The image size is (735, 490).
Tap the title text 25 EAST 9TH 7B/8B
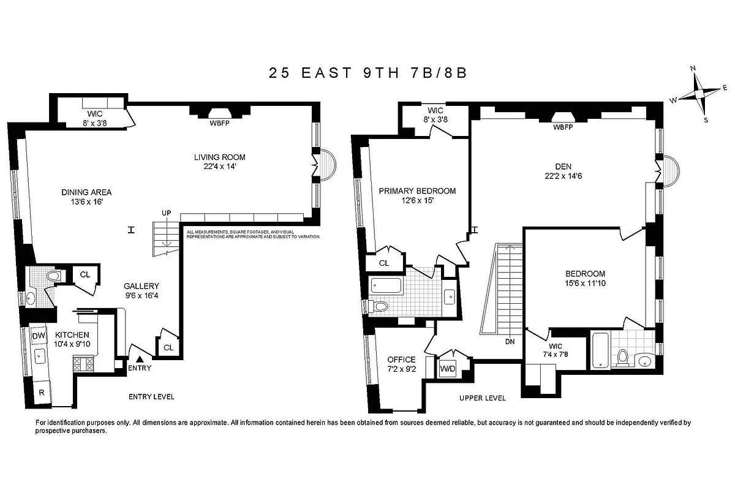[367, 72]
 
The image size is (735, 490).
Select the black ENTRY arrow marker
[140, 360]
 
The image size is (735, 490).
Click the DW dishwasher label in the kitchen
[38, 336]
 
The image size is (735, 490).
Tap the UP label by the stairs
[166, 212]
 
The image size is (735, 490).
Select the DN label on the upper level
[510, 342]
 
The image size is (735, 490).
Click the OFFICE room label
[401, 360]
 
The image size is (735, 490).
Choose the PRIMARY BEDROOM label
[417, 190]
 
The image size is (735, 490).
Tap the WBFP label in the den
[562, 127]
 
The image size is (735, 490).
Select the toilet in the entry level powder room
[53, 277]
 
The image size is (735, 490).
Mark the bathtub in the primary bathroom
[386, 285]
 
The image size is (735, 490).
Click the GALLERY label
[141, 286]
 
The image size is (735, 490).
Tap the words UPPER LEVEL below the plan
[483, 398]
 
